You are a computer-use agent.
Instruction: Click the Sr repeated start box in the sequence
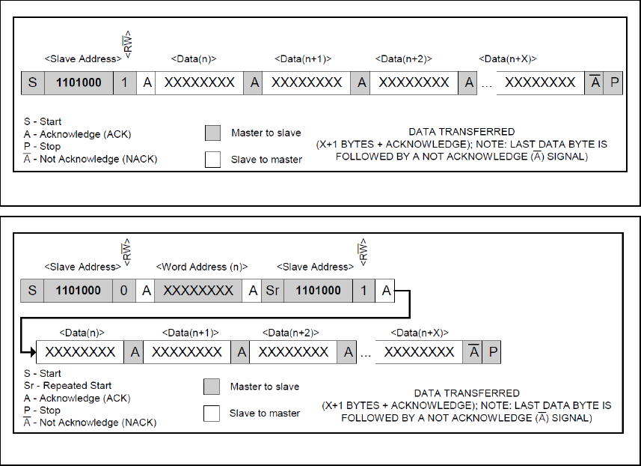point(272,291)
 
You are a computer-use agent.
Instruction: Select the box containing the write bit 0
point(124,291)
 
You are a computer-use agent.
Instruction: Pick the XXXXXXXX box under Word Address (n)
point(199,291)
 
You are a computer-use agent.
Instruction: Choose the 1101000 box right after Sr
point(317,291)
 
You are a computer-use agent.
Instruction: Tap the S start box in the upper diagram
point(32,82)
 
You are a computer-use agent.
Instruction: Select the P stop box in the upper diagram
point(614,82)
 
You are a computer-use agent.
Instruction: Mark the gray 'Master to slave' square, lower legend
point(212,387)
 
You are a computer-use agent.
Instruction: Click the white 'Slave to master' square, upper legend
point(213,159)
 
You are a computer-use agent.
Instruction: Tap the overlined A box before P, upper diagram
point(595,82)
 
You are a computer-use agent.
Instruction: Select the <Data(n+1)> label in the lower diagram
point(191,333)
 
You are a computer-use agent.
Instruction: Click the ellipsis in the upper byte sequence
point(486,84)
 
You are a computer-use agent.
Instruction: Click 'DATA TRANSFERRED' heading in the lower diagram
point(467,393)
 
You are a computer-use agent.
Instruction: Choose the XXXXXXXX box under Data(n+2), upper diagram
point(414,82)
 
